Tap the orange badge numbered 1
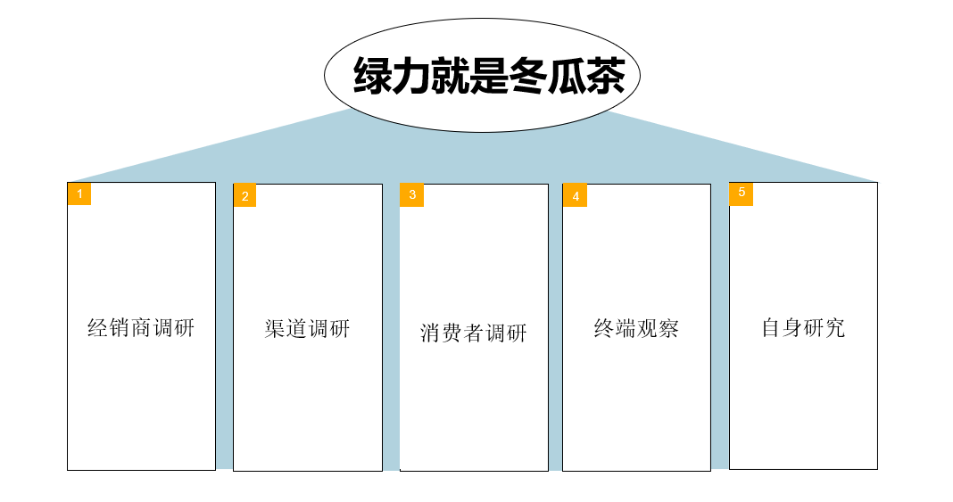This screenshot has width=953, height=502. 79,193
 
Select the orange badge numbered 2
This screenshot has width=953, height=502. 244,195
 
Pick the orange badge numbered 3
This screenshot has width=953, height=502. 411,194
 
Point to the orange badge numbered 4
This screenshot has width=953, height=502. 575,195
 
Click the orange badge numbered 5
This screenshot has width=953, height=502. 741,193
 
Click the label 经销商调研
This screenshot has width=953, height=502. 141,327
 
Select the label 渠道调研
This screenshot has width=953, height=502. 307,328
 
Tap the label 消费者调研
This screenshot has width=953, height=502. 474,333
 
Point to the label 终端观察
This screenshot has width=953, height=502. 636,328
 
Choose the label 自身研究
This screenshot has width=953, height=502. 803,327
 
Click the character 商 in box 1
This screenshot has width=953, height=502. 141,327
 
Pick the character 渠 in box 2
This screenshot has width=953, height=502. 275,328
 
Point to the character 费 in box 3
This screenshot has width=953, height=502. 452,333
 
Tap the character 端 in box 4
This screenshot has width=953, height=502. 626,328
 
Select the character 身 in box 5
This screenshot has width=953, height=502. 792,327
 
